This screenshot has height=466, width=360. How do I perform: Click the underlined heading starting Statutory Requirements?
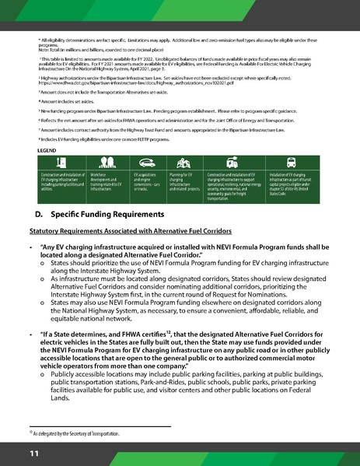(121, 232)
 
